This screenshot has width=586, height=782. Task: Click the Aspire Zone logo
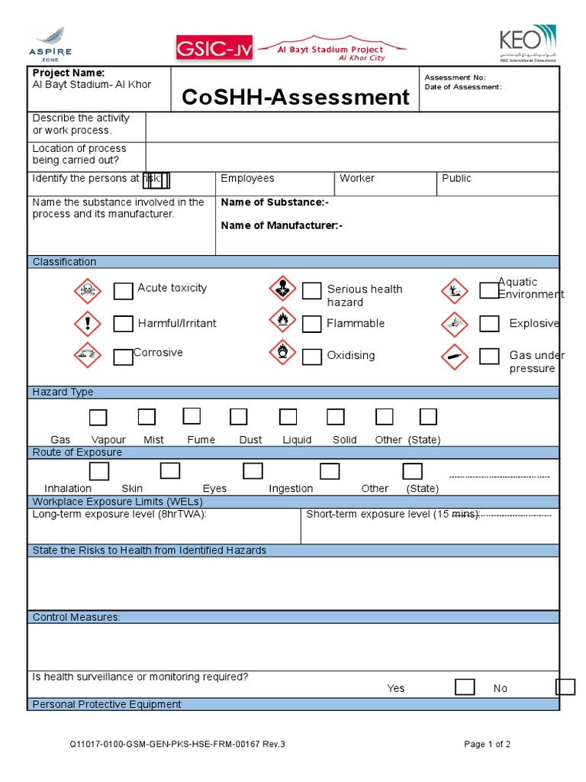pyautogui.click(x=52, y=43)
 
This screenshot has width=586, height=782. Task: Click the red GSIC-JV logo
pyautogui.click(x=212, y=48)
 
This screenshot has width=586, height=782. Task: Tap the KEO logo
pyautogui.click(x=527, y=43)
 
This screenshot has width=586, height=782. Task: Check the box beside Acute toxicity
pyautogui.click(x=123, y=291)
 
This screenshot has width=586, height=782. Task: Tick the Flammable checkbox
pyautogui.click(x=311, y=325)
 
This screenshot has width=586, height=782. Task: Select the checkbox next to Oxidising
pyautogui.click(x=311, y=357)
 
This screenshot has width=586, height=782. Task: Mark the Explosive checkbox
pyautogui.click(x=489, y=324)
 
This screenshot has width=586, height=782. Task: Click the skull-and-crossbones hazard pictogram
pyautogui.click(x=87, y=291)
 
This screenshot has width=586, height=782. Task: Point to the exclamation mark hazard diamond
pyautogui.click(x=87, y=324)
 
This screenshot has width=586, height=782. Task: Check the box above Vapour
pyautogui.click(x=146, y=417)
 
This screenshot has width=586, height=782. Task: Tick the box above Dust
pyautogui.click(x=239, y=417)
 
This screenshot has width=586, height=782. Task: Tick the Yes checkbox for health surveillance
pyautogui.click(x=465, y=687)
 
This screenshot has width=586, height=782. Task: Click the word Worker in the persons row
pyautogui.click(x=357, y=179)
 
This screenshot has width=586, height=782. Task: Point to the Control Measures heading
pyautogui.click(x=76, y=617)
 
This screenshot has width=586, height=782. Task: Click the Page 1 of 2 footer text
pyautogui.click(x=488, y=745)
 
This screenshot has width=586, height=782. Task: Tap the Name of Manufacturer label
pyautogui.click(x=282, y=225)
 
